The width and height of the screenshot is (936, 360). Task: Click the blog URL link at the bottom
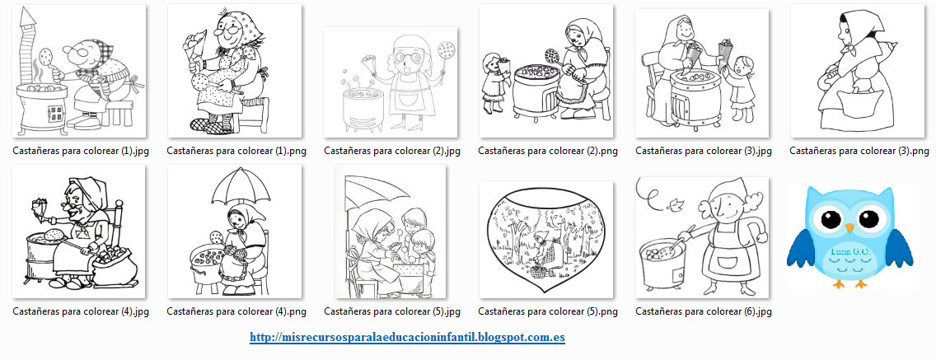(407, 337)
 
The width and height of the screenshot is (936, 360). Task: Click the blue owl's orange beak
(850, 228)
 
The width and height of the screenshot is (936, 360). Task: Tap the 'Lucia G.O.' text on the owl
(850, 252)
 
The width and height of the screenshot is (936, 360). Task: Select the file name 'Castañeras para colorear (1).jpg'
(81, 151)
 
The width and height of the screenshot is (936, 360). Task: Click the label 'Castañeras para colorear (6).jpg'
(703, 311)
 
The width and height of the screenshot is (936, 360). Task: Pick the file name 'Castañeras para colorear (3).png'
(859, 151)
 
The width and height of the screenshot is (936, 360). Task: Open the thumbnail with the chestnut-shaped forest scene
(545, 239)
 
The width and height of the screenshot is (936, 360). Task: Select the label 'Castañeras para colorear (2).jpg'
(392, 151)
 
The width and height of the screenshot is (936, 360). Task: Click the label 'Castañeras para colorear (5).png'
(548, 311)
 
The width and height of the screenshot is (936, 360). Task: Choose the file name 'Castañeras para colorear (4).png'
(236, 311)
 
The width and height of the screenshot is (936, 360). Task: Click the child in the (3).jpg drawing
(737, 90)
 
